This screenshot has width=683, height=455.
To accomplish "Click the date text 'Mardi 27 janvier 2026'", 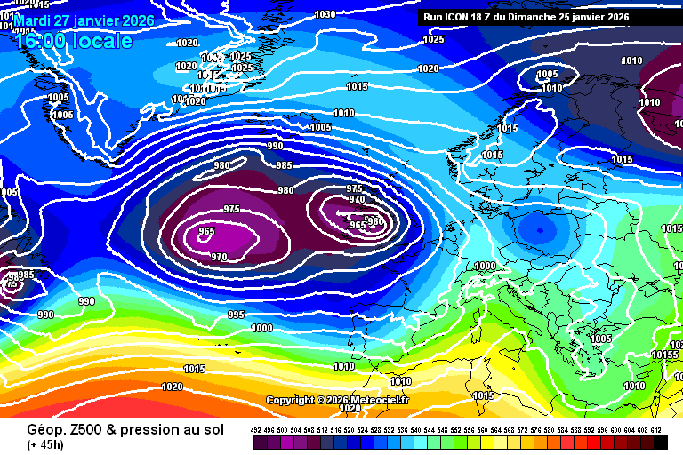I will click(x=84, y=20).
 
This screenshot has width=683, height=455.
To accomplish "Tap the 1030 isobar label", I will click(x=325, y=14).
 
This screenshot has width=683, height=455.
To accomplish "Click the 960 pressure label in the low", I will click(x=374, y=221).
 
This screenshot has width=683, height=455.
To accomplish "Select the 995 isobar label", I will click(x=236, y=315).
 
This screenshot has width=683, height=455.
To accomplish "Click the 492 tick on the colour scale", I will click(x=256, y=429).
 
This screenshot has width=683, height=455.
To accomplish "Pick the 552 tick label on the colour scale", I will click(x=456, y=429).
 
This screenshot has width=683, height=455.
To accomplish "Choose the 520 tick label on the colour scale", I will click(x=350, y=429).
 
